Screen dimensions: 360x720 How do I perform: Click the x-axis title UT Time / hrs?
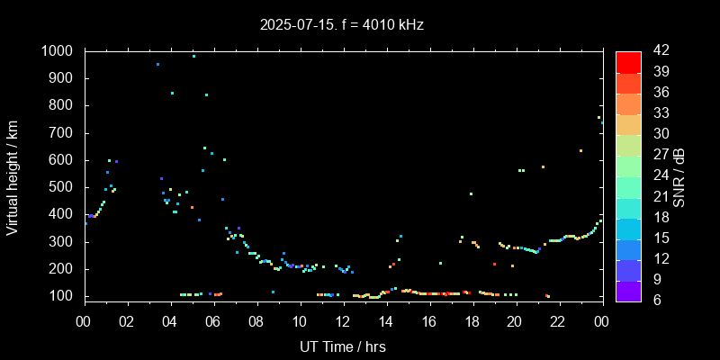[x=342, y=346]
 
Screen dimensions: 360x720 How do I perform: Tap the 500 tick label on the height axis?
[x=62, y=187]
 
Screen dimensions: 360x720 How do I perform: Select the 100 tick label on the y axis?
[x=62, y=296]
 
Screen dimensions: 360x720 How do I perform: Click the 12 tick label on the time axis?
[x=342, y=321]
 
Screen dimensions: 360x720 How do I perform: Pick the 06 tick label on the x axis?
[x=213, y=321]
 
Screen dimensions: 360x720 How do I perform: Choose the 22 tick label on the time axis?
[x=558, y=321]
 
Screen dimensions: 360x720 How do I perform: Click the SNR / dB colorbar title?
[x=680, y=175]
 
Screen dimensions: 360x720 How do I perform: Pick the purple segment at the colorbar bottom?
[x=628, y=290]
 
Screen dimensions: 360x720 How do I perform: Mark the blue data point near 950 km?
[x=157, y=64]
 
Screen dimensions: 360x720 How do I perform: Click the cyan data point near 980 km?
[x=193, y=56]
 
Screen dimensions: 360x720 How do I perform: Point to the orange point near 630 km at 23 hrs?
[x=580, y=151]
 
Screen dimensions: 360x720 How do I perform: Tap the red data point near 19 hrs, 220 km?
[x=494, y=264]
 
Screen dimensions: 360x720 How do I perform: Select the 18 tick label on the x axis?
[x=472, y=321]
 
